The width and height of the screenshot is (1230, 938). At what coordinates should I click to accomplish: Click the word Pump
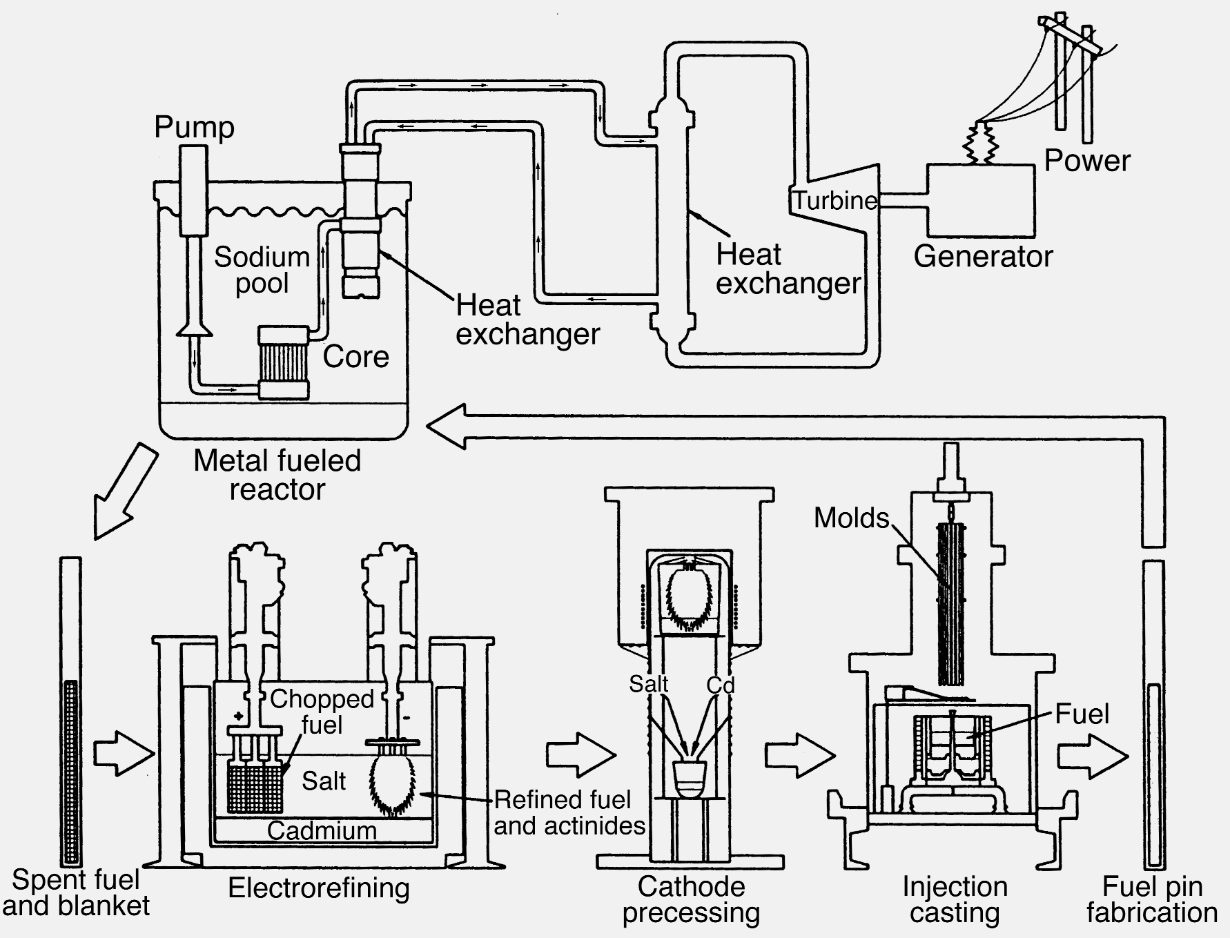[x=194, y=128]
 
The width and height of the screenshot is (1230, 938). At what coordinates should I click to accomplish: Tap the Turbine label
[x=834, y=201]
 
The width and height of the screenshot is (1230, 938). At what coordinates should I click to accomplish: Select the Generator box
[x=980, y=200]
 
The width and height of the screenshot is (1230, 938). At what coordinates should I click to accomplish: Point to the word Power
[x=1086, y=160]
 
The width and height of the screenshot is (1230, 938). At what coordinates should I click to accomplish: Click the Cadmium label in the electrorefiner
[x=322, y=830]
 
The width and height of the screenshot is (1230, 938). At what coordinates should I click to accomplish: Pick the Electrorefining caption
[x=319, y=888]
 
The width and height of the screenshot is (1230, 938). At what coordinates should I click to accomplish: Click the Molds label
[x=851, y=518]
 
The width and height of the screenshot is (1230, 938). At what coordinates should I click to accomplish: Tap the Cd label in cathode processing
[x=720, y=685]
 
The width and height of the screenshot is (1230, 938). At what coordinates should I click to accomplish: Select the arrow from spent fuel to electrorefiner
[x=123, y=754]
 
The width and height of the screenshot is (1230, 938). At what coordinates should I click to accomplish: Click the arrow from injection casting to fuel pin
[x=1092, y=756]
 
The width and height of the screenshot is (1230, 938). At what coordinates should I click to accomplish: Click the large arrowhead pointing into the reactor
[x=447, y=427]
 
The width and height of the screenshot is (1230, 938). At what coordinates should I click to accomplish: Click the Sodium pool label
[x=262, y=270]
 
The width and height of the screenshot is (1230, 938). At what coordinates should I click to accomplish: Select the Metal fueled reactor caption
[x=277, y=475]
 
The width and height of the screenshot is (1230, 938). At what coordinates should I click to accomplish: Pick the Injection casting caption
[x=955, y=899]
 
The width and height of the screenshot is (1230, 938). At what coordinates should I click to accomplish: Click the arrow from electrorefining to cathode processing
[x=580, y=754]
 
